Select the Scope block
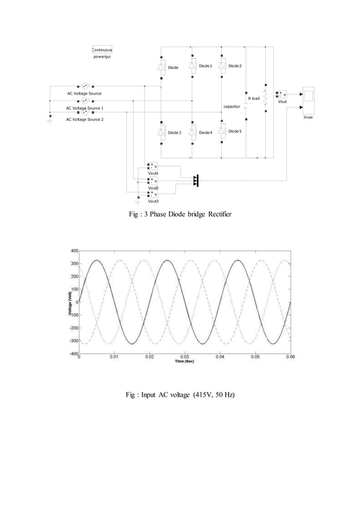coord(308,100)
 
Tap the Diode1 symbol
coord(192,66)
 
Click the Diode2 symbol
coord(222,66)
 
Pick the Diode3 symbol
coord(161,132)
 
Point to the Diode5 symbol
coord(222,131)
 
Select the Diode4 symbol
coord(192,132)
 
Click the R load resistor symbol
coord(265,98)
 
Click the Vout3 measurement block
coord(153,194)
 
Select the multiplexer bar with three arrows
coord(197,180)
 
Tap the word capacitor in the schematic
coord(232,106)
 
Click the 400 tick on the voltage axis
coord(73,250)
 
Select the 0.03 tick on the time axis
coord(185,357)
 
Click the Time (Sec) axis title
coord(184,362)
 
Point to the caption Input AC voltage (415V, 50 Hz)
coord(179,393)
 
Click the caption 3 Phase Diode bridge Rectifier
coord(179,214)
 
